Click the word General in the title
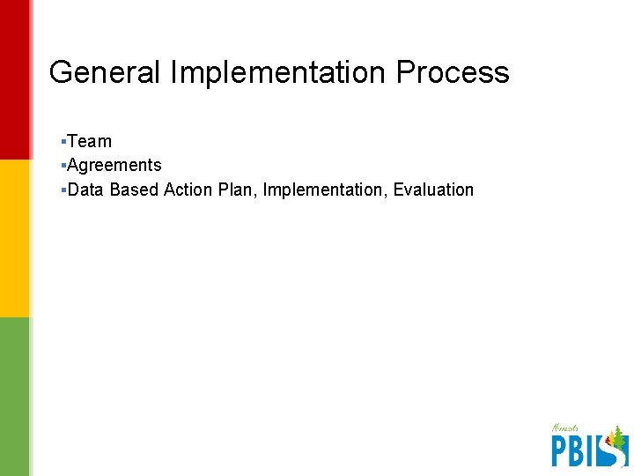pos(105,72)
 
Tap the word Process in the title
pos(453,72)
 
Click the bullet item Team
pos(89,141)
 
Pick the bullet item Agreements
pos(114,165)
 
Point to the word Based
pos(134,190)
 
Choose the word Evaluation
pos(433,190)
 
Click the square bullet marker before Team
pos(63,141)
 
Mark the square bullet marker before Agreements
pos(63,165)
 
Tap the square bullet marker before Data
pos(63,190)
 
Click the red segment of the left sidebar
pos(14,79)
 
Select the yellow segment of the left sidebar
pos(14,238)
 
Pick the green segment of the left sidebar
pos(14,397)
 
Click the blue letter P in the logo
pos(560,450)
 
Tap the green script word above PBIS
pos(566,429)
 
